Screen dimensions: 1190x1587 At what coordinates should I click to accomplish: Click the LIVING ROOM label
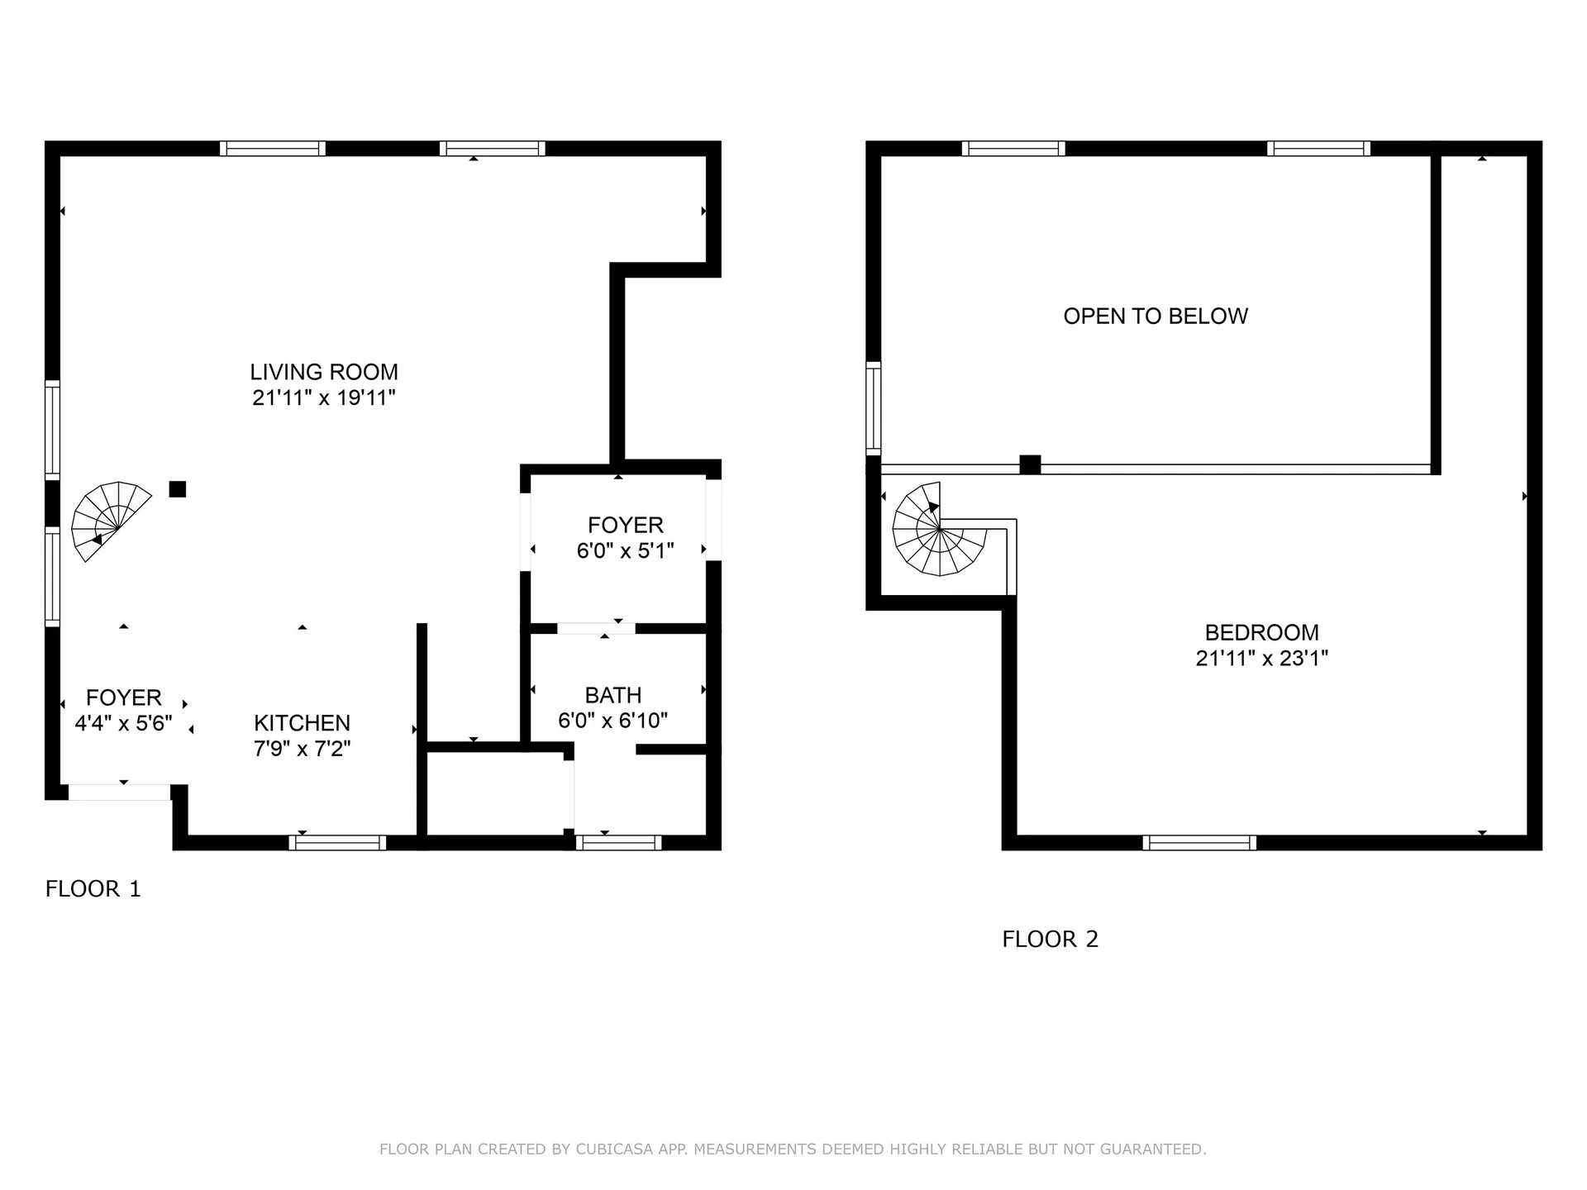(324, 372)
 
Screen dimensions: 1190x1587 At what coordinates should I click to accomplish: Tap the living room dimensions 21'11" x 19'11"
(324, 398)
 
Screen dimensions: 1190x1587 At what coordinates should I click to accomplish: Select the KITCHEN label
(302, 723)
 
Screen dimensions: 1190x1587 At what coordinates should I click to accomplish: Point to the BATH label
(612, 695)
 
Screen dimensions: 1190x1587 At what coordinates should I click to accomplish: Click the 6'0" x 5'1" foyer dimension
(625, 550)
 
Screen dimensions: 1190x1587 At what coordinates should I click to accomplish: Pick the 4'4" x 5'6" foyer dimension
(123, 724)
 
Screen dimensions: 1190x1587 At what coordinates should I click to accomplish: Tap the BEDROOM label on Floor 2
(1261, 632)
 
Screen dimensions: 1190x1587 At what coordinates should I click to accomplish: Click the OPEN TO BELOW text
(1155, 317)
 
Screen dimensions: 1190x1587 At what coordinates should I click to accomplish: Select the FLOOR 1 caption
(93, 889)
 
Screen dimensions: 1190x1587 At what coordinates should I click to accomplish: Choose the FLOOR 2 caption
(1050, 940)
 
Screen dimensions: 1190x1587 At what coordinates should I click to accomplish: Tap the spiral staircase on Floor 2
(940, 530)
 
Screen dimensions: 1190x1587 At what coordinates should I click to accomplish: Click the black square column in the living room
(177, 489)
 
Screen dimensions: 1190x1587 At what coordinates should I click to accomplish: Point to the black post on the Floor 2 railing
(1030, 464)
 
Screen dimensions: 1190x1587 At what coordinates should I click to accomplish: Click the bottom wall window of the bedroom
(1199, 843)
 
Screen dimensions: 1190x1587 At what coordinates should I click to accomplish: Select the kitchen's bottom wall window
(337, 843)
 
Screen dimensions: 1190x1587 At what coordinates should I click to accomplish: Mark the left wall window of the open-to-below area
(873, 408)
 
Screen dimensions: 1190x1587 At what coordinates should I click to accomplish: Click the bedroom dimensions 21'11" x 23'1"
(1261, 659)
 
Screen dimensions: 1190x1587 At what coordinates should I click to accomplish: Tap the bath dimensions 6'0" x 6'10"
(612, 721)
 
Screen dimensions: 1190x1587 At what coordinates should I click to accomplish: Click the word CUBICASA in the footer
(615, 1150)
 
